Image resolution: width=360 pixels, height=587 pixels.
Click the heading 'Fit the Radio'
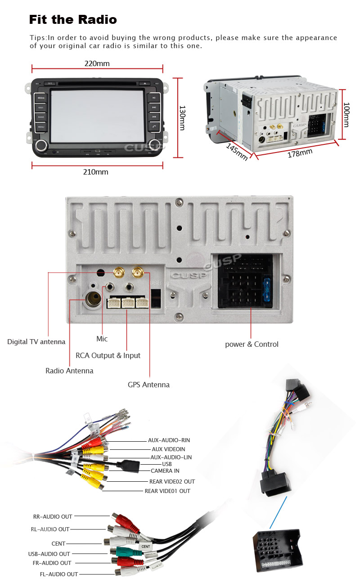73,20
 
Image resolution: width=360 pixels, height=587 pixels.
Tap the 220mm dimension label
97,63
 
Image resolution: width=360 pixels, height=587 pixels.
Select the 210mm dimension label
95,172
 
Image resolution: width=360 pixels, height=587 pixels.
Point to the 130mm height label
182,118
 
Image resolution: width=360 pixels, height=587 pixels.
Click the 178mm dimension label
300,153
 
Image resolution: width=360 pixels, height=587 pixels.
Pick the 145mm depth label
237,152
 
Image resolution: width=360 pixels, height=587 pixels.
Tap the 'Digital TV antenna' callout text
36,342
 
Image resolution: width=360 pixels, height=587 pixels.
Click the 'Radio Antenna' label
69,371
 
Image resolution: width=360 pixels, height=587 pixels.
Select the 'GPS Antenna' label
148,385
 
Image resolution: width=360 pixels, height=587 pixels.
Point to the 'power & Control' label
252,345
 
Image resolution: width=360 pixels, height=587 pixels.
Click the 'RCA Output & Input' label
108,355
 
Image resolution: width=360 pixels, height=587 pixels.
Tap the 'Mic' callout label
102,339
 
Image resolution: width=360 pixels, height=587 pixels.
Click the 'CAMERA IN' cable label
165,471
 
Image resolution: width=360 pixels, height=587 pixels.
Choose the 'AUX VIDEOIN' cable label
168,449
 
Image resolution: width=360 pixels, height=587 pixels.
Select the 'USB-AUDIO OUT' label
49,554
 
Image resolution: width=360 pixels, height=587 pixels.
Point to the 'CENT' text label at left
58,544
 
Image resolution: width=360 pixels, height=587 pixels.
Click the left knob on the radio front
42,144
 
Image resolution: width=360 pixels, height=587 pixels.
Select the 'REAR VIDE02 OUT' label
172,481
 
